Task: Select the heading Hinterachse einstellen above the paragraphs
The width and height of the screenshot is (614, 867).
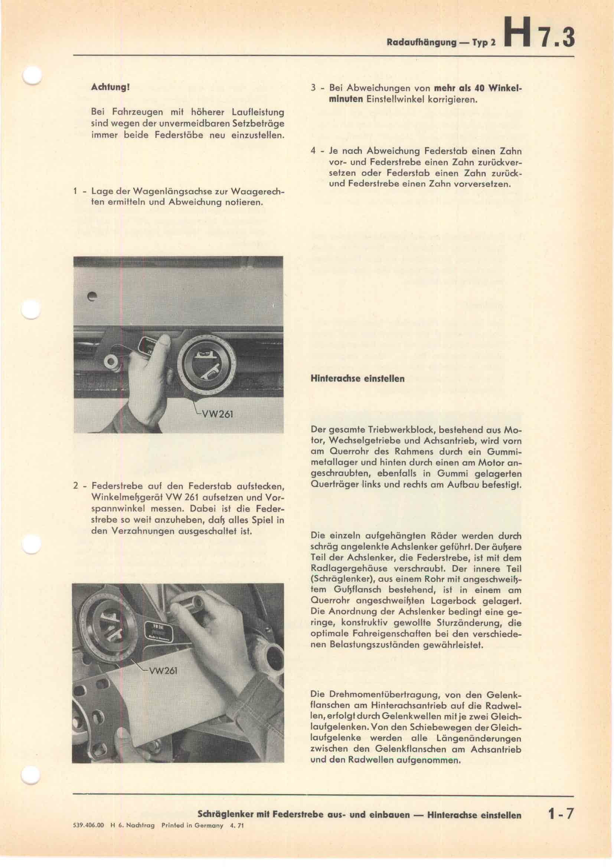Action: tap(357, 379)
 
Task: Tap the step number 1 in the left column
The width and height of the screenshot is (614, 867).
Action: tap(76, 191)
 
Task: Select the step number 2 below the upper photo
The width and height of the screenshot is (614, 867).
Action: tap(76, 486)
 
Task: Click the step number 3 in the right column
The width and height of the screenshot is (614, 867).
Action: tap(313, 88)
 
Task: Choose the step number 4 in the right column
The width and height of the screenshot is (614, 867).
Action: tap(313, 151)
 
